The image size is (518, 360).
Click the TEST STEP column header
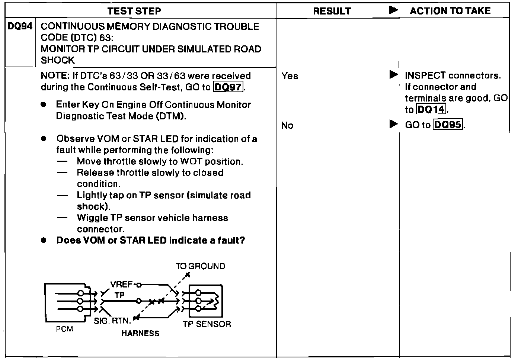[134, 11]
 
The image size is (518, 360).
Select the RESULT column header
[332, 11]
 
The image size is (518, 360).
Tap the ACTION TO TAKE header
[450, 11]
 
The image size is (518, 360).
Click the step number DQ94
[20, 26]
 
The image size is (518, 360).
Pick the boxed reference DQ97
[228, 87]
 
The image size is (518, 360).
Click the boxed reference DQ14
[431, 110]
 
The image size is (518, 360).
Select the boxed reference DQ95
[448, 125]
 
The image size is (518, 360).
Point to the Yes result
[290, 76]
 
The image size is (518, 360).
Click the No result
[287, 126]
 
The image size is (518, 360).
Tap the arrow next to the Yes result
[393, 75]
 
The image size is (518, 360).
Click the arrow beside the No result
[393, 124]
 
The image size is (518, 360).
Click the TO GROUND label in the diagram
[200, 266]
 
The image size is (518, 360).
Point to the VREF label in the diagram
[121, 285]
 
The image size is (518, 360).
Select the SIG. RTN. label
[112, 321]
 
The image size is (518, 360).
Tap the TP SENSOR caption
[207, 324]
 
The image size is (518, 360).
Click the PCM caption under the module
[64, 329]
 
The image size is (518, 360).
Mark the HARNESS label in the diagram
[140, 333]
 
